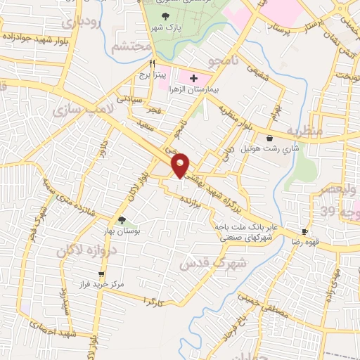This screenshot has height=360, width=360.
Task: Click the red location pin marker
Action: pyautogui.click(x=181, y=165)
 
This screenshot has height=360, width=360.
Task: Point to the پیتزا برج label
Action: pyautogui.click(x=150, y=75)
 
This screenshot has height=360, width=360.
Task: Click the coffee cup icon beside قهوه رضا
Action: pyautogui.click(x=305, y=231)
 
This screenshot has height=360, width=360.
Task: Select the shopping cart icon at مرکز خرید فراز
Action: pyautogui.click(x=102, y=274)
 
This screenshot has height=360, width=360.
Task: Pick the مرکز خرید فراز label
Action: pyautogui.click(x=103, y=285)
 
